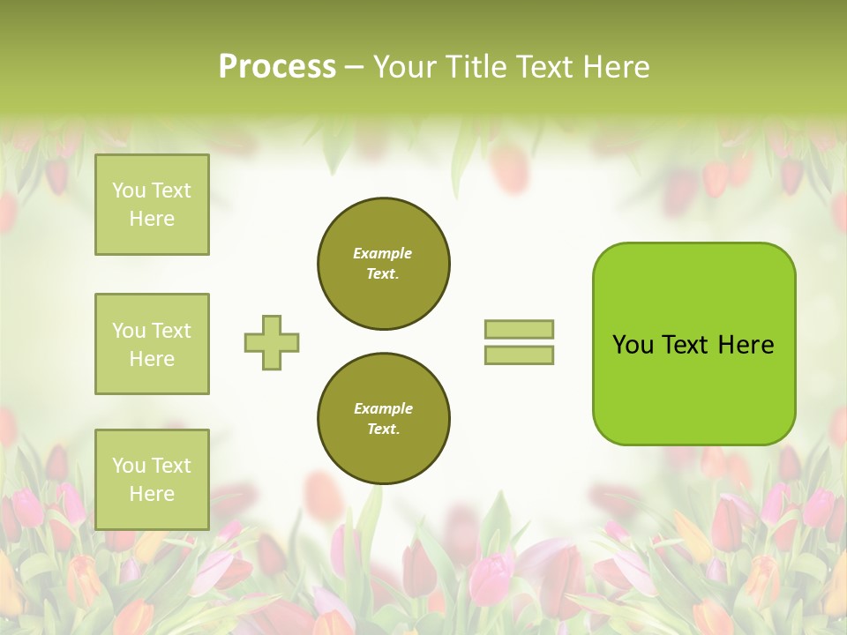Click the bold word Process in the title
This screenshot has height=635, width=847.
(x=277, y=67)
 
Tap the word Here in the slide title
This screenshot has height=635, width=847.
(x=618, y=67)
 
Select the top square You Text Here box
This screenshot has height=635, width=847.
(x=152, y=205)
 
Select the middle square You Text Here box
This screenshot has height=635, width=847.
(x=152, y=344)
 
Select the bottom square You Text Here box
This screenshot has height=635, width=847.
(x=152, y=479)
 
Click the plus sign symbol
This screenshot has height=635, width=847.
(x=272, y=342)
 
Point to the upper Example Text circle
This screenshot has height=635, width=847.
(x=384, y=263)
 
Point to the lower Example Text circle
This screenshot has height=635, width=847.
(x=384, y=418)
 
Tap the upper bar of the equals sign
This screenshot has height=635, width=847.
(x=519, y=329)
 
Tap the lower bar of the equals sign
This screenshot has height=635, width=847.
(x=519, y=355)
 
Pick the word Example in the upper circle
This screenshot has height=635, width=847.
(x=383, y=253)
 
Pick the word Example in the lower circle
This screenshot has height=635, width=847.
(x=383, y=408)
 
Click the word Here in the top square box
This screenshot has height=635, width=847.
(x=152, y=219)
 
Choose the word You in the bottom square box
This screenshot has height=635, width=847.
(x=129, y=466)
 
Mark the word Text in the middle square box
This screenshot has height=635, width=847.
(x=171, y=331)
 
